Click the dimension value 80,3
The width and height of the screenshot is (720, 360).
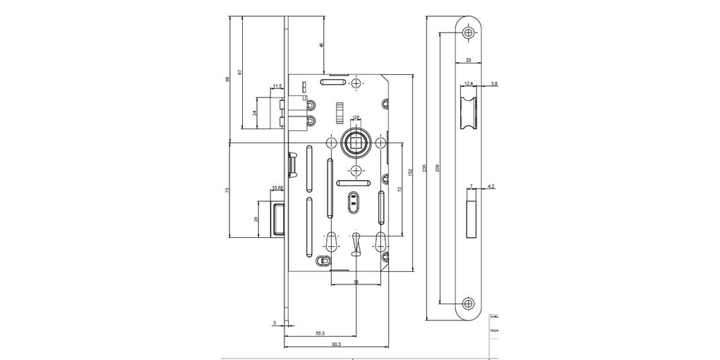[x=336, y=344]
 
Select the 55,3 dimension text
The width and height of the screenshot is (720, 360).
[x=320, y=332]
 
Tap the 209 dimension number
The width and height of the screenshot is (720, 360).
[x=438, y=167]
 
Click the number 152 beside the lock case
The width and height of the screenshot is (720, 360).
[x=410, y=173]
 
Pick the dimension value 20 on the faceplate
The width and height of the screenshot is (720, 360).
[x=469, y=61]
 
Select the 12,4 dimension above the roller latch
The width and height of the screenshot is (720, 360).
[x=469, y=84]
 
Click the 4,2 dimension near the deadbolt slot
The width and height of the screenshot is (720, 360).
[x=492, y=186]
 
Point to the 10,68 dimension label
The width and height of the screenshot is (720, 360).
[x=277, y=188]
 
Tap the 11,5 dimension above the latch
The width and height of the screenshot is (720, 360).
[x=277, y=87]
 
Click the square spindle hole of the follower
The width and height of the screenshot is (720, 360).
[x=354, y=143]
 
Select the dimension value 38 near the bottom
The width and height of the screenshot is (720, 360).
[x=356, y=282]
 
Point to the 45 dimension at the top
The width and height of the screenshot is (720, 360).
[x=321, y=44]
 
